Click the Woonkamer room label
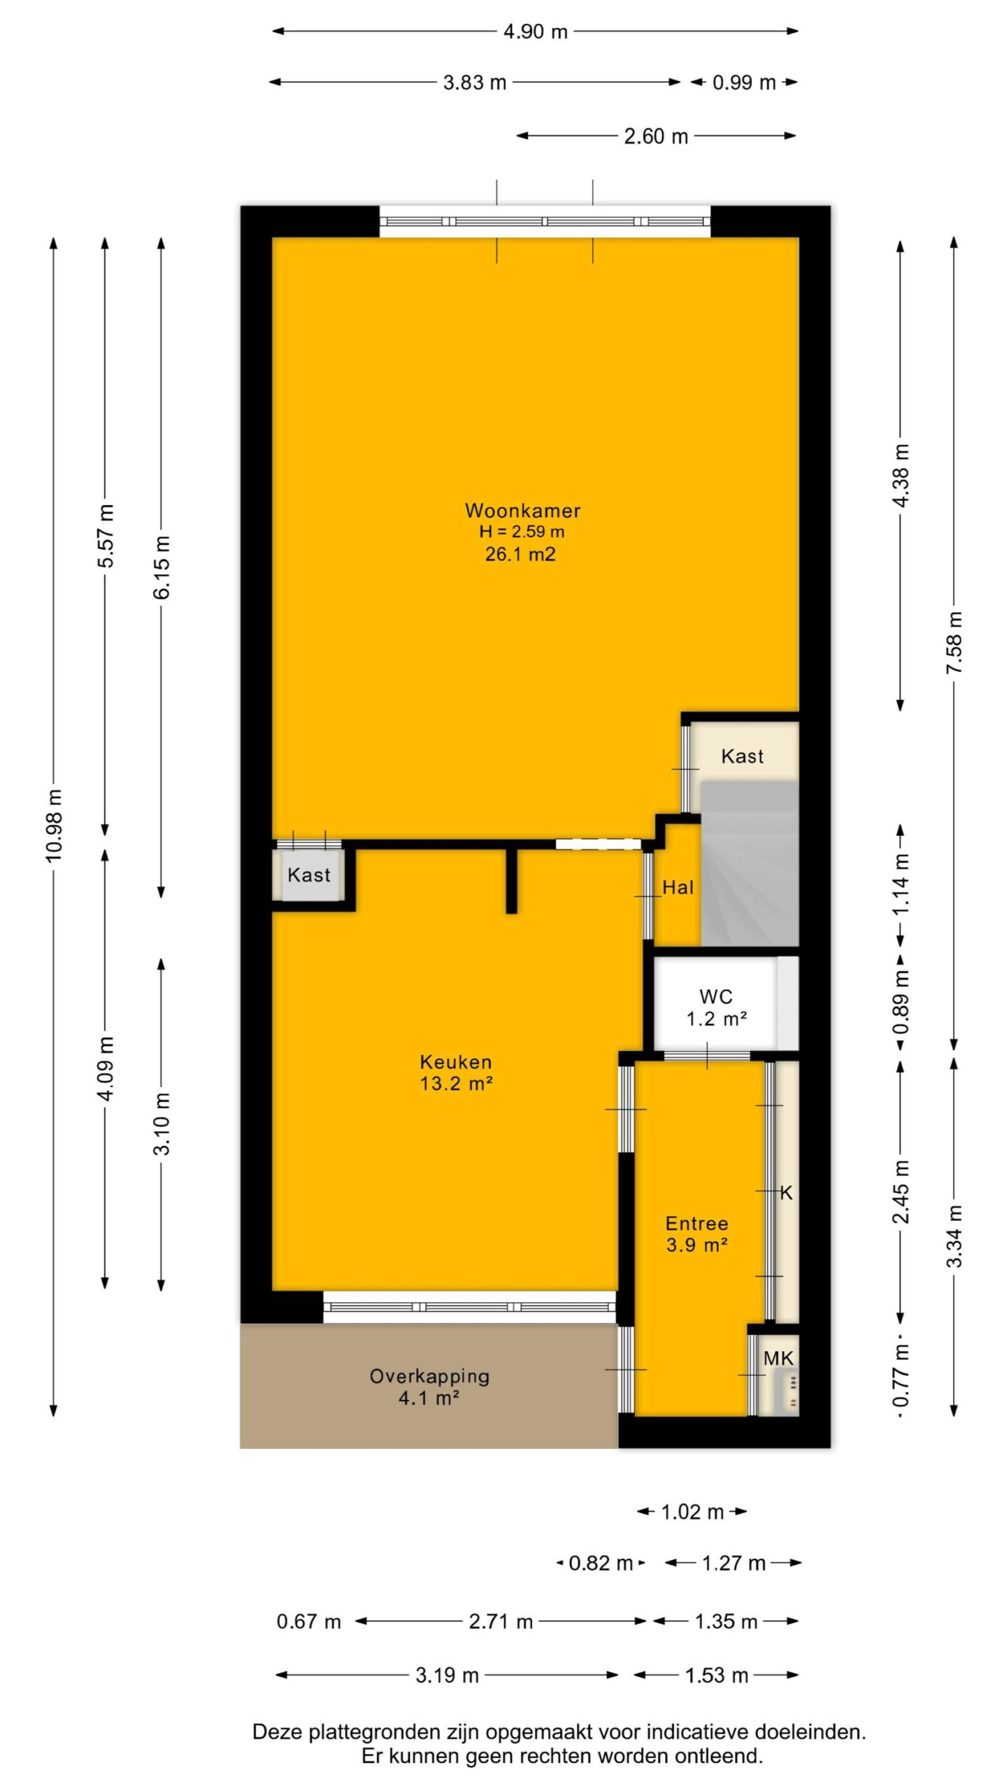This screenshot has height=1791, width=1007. pos(523,511)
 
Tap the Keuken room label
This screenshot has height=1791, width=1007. pos(456,1062)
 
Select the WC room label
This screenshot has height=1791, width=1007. pos(716,996)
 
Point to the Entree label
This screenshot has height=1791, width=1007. pos(697,1224)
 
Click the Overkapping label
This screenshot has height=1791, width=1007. pos(429,1377)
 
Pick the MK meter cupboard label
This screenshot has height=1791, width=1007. pos(778,1359)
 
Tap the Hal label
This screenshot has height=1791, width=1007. pos(678,888)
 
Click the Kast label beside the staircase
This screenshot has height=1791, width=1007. pos(742,756)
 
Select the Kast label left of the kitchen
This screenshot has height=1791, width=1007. pos(308,875)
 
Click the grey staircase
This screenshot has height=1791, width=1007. pos(749,864)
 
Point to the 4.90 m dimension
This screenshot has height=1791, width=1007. pos(535,31)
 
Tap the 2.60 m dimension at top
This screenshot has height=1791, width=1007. pos(656,136)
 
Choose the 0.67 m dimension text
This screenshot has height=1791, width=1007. pos(308,1621)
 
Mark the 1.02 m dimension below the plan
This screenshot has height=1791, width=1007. pos(692,1513)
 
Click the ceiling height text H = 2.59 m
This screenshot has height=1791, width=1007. pos(522,532)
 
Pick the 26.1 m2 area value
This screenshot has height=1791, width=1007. pos(521,555)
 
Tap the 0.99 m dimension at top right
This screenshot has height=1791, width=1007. pos(744,83)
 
